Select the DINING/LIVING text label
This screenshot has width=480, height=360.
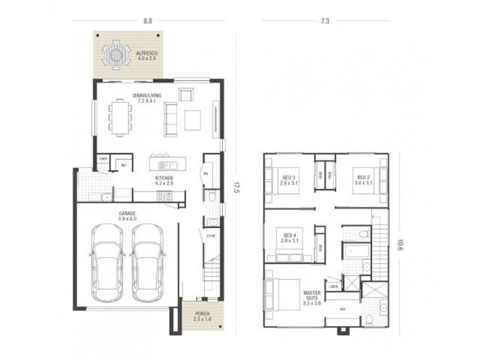[147, 95]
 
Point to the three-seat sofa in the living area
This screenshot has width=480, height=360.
[170, 118]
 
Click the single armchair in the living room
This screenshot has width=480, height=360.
[185, 94]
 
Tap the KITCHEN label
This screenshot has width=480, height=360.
[164, 179]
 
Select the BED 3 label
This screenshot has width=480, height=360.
[289, 177]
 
